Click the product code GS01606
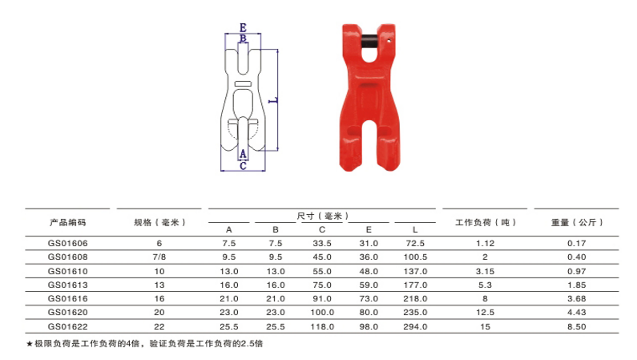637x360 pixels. tap(67, 243)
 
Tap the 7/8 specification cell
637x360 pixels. tap(159, 257)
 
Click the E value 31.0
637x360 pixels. tap(369, 243)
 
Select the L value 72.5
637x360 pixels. tap(415, 243)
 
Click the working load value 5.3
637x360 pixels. tap(485, 284)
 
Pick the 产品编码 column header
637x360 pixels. tap(67, 222)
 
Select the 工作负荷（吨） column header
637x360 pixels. tap(485, 222)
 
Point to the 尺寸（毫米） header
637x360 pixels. tap(321, 216)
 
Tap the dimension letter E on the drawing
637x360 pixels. tap(243, 26)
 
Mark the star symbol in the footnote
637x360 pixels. tap(30, 344)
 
